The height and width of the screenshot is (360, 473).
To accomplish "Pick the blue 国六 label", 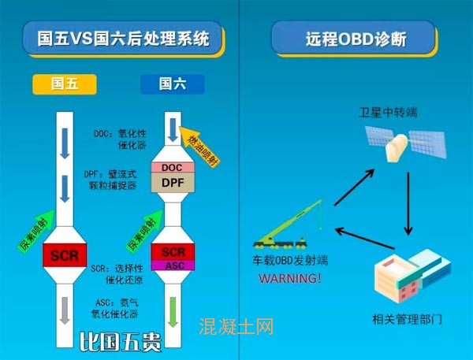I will pos(172,84).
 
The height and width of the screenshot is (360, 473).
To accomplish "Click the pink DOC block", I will pos(172,168).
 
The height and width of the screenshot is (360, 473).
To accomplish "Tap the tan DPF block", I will pos(172,183).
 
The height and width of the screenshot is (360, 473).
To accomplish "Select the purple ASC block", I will pos(172,265).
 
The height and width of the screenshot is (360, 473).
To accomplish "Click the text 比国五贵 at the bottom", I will pos(121,341).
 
